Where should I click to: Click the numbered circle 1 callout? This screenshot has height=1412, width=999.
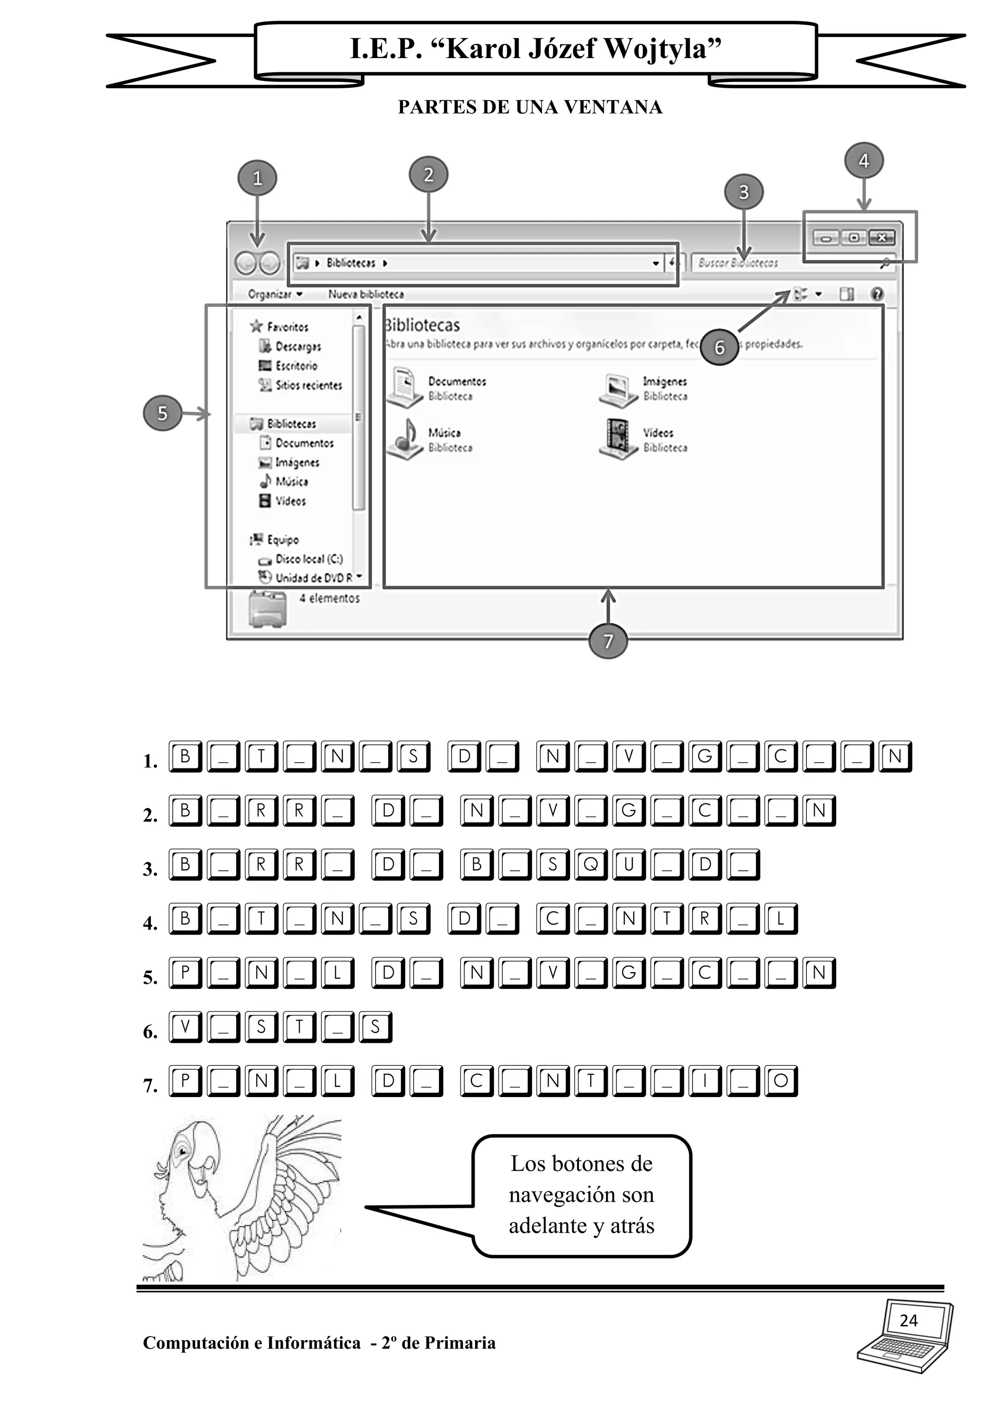tap(257, 178)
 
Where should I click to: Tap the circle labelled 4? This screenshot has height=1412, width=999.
tap(864, 161)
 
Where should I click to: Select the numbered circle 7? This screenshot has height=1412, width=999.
tap(608, 641)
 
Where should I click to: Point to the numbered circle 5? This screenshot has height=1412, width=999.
tap(162, 413)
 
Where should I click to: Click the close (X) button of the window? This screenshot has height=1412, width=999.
tap(881, 237)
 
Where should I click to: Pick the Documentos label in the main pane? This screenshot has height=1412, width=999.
tap(457, 382)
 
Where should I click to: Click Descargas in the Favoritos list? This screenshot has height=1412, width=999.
tap(298, 347)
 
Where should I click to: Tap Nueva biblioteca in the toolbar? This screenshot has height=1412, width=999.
tap(366, 294)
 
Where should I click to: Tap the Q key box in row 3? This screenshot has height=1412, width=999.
tap(591, 864)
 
